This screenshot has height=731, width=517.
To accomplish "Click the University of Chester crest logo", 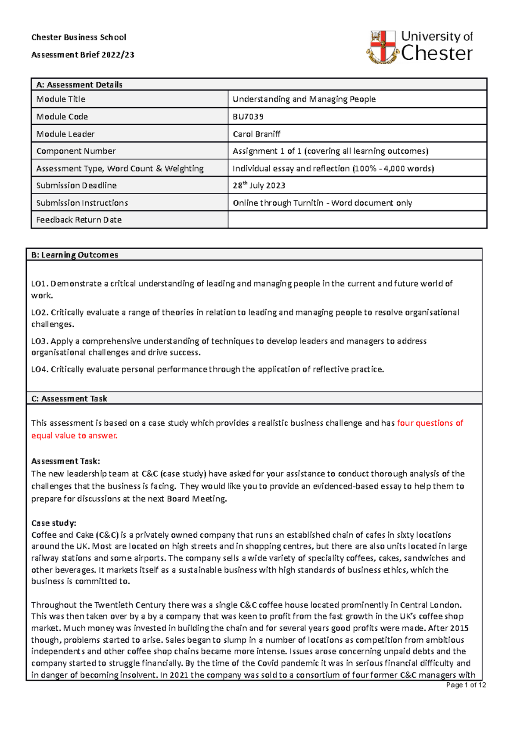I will point(382,47).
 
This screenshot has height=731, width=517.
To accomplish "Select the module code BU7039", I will point(248,117).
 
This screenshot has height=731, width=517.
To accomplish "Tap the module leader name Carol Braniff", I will point(256,134).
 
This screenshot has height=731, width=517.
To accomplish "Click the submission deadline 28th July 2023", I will point(259,186).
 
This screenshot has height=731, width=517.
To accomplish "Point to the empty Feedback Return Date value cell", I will point(357,220).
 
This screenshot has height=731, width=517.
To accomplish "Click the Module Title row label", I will point(61,99).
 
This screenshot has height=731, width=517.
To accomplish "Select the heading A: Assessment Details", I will point(79,85).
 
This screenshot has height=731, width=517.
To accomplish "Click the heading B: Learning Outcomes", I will point(75,255).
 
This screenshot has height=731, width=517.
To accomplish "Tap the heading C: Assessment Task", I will point(69,399).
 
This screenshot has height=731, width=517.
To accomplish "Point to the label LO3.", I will point(40,341).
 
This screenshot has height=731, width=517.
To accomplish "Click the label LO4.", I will point(40,369).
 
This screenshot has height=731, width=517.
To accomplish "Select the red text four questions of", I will point(430,423).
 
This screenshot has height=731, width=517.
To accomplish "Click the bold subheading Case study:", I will point(53,523).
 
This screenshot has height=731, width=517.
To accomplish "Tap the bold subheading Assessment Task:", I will point(65,461).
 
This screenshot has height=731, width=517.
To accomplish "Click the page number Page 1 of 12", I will point(466,685).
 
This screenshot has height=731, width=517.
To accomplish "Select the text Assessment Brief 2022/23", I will point(83,55).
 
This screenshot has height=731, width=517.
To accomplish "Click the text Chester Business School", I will point(79,37).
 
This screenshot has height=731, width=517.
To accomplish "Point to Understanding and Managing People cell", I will point(304,99).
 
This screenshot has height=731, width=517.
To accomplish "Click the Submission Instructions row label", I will point(82,203).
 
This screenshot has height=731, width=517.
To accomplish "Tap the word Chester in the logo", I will point(436,54).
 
